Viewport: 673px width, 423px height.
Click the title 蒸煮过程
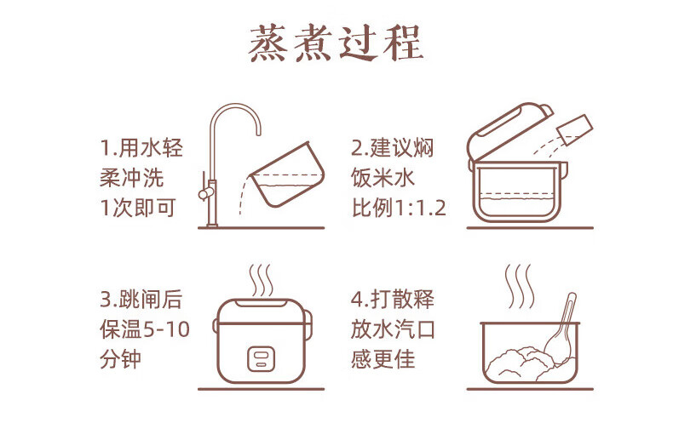point(336,43)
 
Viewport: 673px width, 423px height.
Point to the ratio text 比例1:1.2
point(399,208)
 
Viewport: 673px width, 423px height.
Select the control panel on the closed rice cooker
point(261,358)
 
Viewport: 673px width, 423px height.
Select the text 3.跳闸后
point(141,299)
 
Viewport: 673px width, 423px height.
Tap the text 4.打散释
point(393,299)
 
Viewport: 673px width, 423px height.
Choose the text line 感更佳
point(383,360)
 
